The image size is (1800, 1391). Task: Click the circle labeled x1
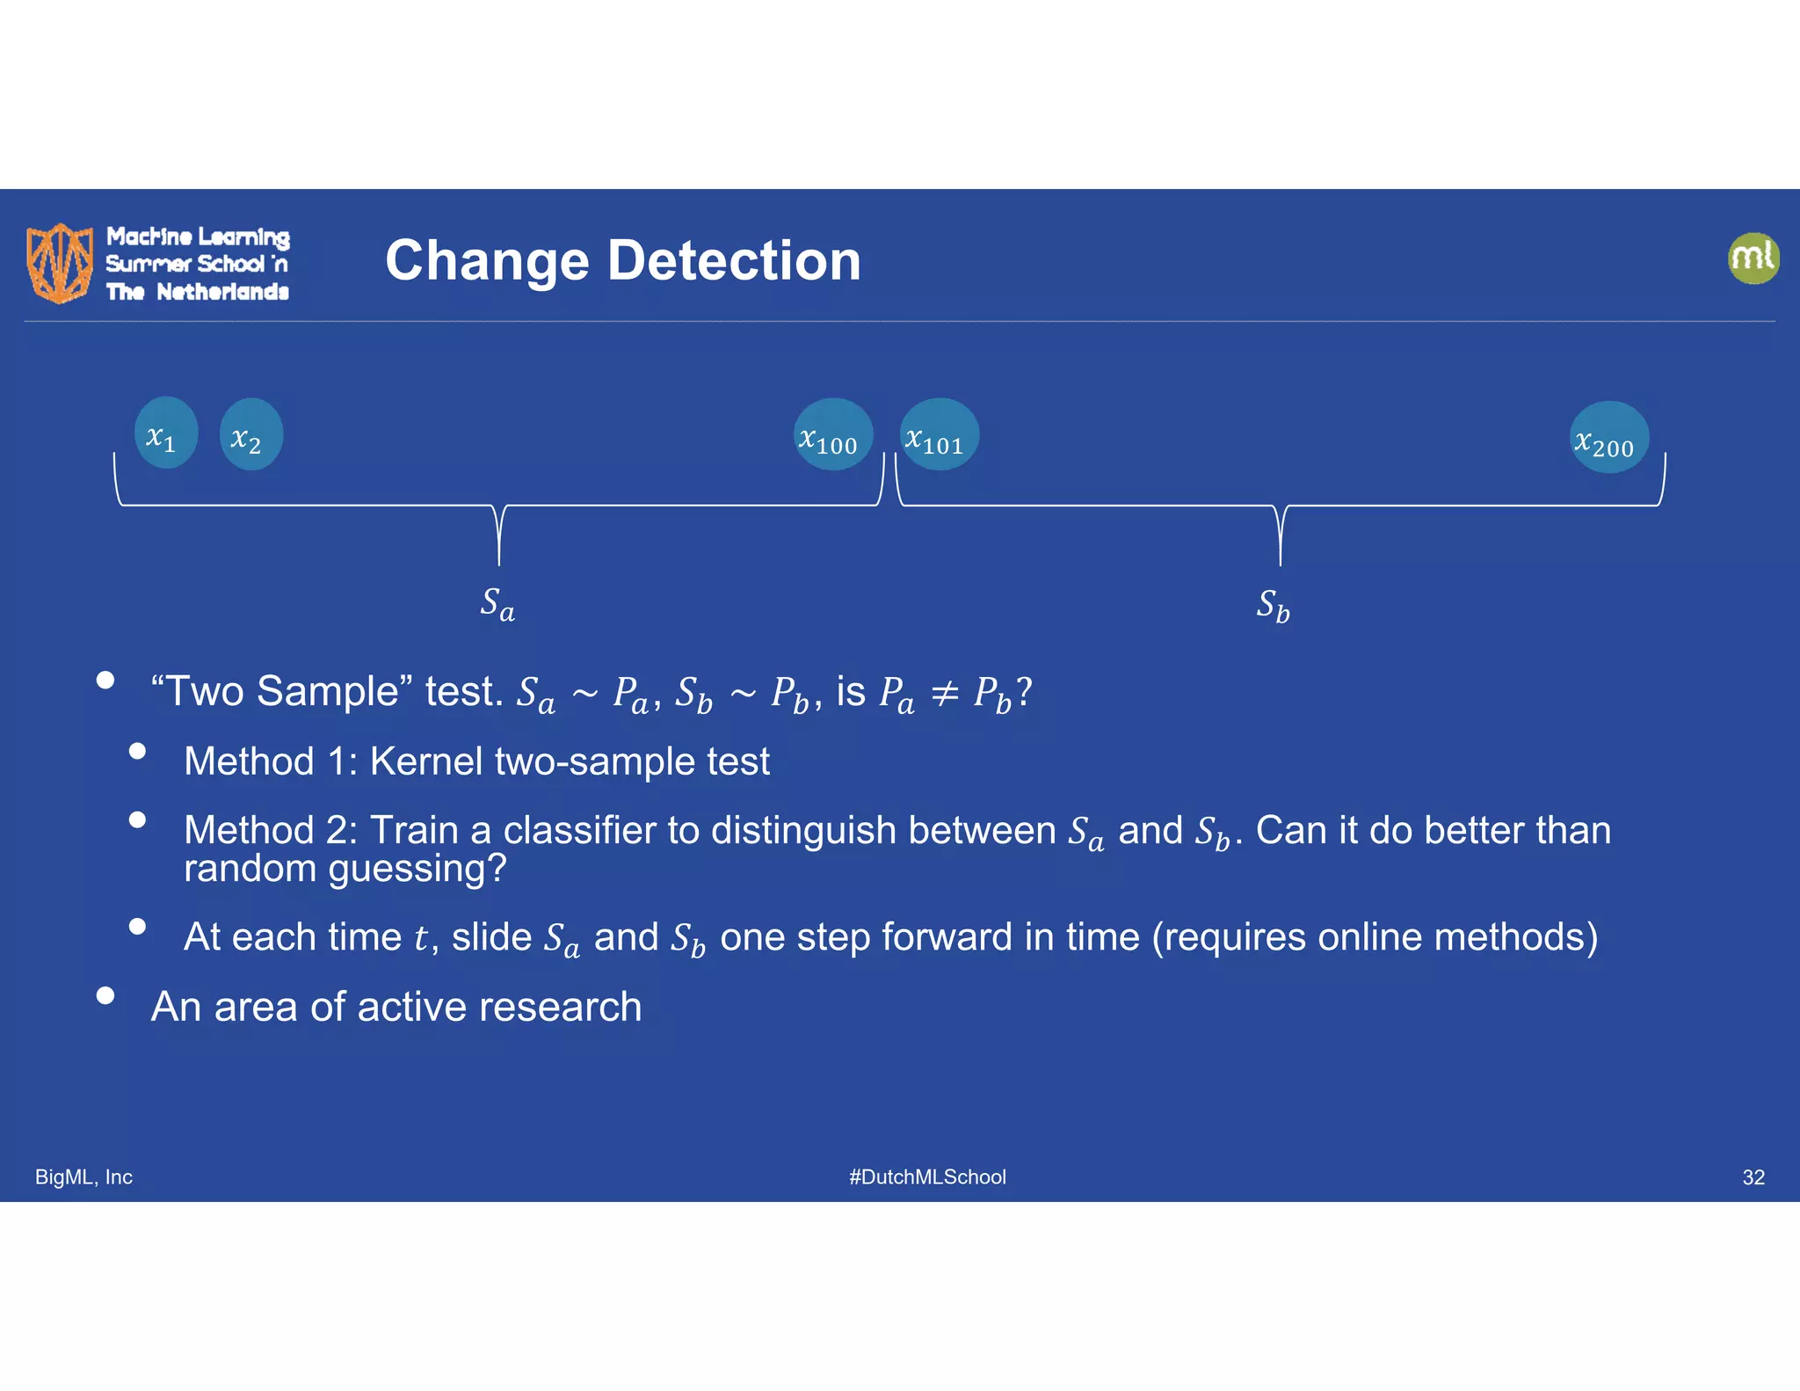pyautogui.click(x=165, y=433)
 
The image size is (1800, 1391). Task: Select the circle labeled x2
pyautogui.click(x=250, y=434)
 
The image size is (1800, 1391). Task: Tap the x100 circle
pyautogui.click(x=831, y=434)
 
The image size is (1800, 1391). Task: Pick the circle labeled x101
pyautogui.click(x=939, y=434)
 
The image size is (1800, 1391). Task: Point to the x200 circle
pyautogui.click(x=1608, y=438)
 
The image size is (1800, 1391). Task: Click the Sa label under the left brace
pyautogui.click(x=497, y=604)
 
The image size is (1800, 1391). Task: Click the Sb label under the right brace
pyautogui.click(x=1273, y=606)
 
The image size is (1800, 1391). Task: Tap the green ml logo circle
pyautogui.click(x=1753, y=259)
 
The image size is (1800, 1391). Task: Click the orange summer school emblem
pyautogui.click(x=60, y=262)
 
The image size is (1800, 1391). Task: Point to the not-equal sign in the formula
pyautogui.click(x=944, y=694)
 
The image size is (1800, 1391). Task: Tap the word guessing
pyautogui.click(x=417, y=869)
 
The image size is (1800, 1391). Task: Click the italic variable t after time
pyautogui.click(x=420, y=938)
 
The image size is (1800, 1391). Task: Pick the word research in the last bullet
pyautogui.click(x=560, y=1007)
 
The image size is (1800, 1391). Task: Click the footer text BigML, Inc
pyautogui.click(x=83, y=1176)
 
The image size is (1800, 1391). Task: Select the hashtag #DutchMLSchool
pyautogui.click(x=926, y=1176)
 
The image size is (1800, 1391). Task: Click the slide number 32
pyautogui.click(x=1753, y=1177)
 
